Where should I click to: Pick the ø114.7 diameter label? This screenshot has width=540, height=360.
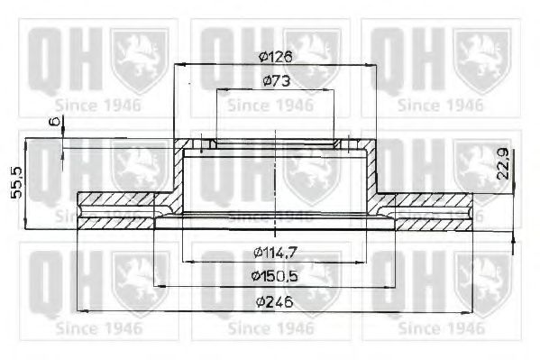274,250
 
